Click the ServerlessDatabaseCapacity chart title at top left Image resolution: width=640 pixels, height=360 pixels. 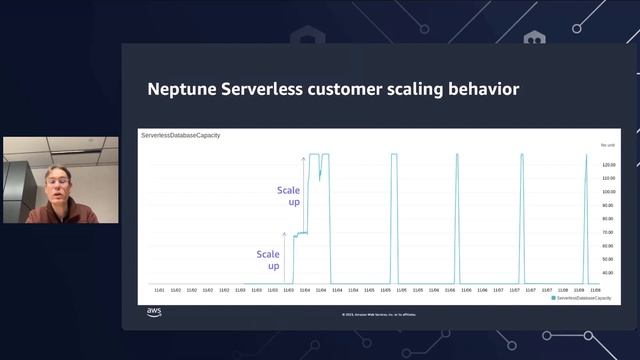click(x=181, y=134)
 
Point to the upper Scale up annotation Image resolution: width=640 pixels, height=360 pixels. click(x=288, y=195)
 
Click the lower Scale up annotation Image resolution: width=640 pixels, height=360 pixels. click(x=268, y=260)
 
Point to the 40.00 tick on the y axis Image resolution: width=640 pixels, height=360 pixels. click(x=608, y=272)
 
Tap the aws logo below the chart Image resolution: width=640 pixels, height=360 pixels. click(x=154, y=312)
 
